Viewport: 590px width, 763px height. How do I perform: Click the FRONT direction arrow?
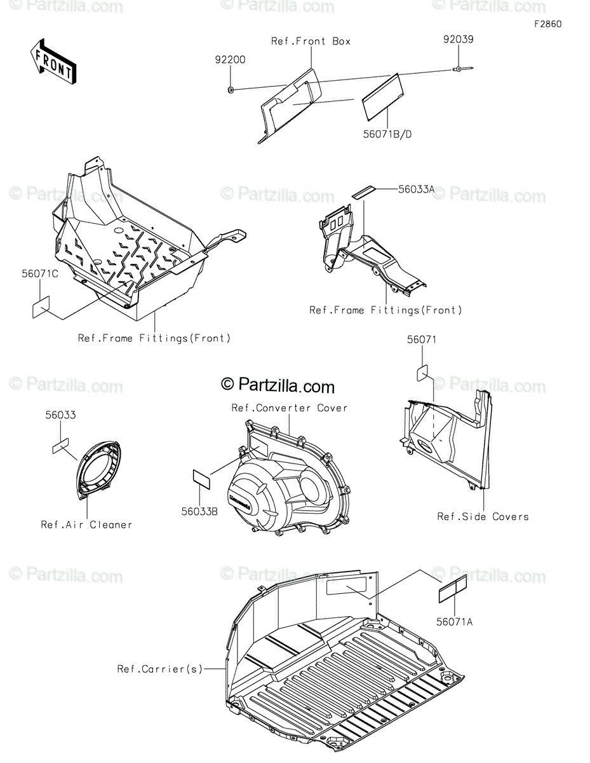(x=53, y=61)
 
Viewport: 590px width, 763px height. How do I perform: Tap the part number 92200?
(x=229, y=59)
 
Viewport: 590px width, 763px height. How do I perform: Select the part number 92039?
(x=458, y=39)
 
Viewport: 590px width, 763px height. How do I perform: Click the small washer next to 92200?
(x=231, y=90)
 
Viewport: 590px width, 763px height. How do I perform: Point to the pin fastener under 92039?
(x=461, y=69)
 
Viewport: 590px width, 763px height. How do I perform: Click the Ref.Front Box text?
(x=311, y=41)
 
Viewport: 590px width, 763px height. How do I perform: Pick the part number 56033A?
(x=417, y=189)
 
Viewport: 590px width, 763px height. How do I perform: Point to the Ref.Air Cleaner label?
(x=86, y=525)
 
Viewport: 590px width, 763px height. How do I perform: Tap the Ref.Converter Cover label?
(x=290, y=408)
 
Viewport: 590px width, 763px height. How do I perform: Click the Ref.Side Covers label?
(x=483, y=516)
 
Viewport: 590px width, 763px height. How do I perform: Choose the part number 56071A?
(x=455, y=622)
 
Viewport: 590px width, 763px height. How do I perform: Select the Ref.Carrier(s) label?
(x=159, y=668)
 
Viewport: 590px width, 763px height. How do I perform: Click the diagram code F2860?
(x=547, y=24)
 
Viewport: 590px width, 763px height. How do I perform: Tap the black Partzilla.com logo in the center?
(x=278, y=385)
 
